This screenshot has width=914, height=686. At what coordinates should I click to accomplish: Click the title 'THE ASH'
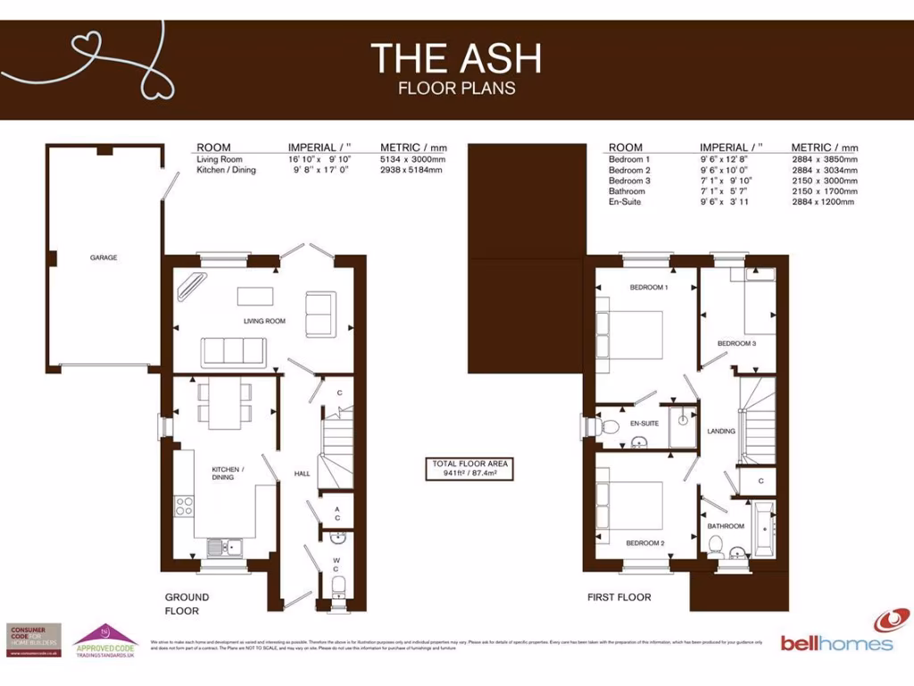coord(456,59)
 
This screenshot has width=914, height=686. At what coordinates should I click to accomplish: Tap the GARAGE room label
coord(104,257)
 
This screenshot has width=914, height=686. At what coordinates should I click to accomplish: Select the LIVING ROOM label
coord(264,321)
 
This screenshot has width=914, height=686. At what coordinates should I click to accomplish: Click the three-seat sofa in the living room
coord(233,352)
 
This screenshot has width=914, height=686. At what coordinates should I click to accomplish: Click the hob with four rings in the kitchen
coord(185,506)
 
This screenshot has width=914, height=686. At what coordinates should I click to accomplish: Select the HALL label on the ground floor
coord(302,473)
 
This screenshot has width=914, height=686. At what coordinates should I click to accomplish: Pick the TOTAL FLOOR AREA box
coord(470,469)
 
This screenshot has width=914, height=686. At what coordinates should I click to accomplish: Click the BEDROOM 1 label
coord(649,288)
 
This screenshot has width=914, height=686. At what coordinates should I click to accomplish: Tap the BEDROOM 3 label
coord(737,343)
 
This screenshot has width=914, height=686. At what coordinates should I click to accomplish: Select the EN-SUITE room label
coord(644,423)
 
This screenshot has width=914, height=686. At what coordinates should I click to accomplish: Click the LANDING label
coord(721,431)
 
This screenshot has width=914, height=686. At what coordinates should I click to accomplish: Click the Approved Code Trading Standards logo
coord(104,640)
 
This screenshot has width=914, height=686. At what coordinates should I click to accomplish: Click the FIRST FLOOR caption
coord(619,597)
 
